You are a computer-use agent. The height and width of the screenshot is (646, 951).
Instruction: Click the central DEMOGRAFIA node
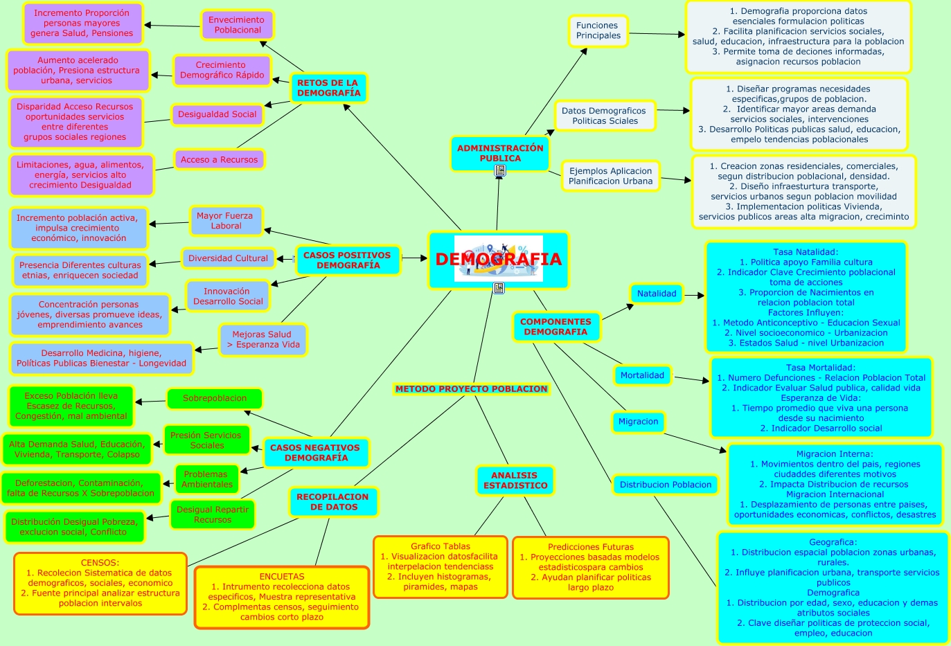pyautogui.click(x=499, y=260)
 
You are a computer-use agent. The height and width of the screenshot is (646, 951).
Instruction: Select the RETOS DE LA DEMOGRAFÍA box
pyautogui.click(x=328, y=88)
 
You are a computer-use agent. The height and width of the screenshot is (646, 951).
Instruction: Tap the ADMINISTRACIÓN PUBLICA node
pyautogui.click(x=500, y=153)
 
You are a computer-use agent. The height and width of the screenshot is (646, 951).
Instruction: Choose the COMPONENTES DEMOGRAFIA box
pyautogui.click(x=556, y=327)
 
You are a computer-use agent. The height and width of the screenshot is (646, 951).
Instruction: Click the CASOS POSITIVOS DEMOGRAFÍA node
pyautogui.click(x=348, y=260)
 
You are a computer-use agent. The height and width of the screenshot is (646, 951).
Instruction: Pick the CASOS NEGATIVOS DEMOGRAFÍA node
pyautogui.click(x=315, y=453)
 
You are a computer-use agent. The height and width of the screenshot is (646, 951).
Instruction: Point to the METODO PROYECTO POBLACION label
pyautogui.click(x=471, y=389)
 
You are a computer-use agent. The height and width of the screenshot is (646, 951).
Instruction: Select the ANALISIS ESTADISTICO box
pyautogui.click(x=515, y=481)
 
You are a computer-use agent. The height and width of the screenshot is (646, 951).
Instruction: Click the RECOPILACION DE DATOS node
pyautogui.click(x=332, y=502)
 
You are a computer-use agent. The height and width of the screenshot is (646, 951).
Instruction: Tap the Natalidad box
pyautogui.click(x=657, y=294)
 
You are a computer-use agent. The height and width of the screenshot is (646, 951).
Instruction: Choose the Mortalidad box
pyautogui.click(x=642, y=375)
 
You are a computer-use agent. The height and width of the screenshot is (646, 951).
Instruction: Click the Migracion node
pyautogui.click(x=638, y=422)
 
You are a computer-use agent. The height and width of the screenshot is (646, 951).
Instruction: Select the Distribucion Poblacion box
pyautogui.click(x=665, y=485)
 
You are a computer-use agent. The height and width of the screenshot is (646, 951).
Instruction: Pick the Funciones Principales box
pyautogui.click(x=598, y=31)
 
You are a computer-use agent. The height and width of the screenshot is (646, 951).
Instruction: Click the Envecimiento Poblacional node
pyautogui.click(x=238, y=25)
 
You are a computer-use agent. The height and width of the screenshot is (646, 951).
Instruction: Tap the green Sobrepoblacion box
pyautogui.click(x=215, y=399)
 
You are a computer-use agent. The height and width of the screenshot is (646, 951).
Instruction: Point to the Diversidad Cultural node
pyautogui.click(x=228, y=258)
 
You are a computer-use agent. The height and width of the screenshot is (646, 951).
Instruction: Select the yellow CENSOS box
pyautogui.click(x=100, y=583)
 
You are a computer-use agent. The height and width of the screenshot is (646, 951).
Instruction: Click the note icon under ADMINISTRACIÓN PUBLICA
pyautogui.click(x=500, y=170)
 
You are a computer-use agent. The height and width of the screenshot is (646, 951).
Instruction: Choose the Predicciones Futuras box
pyautogui.click(x=590, y=567)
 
